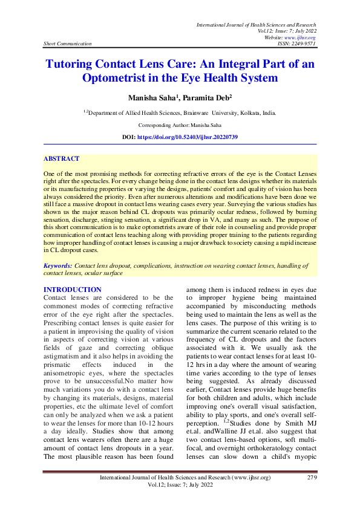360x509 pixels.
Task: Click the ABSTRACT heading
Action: [x=61, y=158]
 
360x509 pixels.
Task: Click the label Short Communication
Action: [x=67, y=44]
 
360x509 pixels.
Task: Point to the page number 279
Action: [x=312, y=478]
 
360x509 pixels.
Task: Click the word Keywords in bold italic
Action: [x=58, y=265]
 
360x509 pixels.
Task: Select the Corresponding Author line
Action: [x=180, y=125]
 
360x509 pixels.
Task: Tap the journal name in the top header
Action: [x=256, y=24]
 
